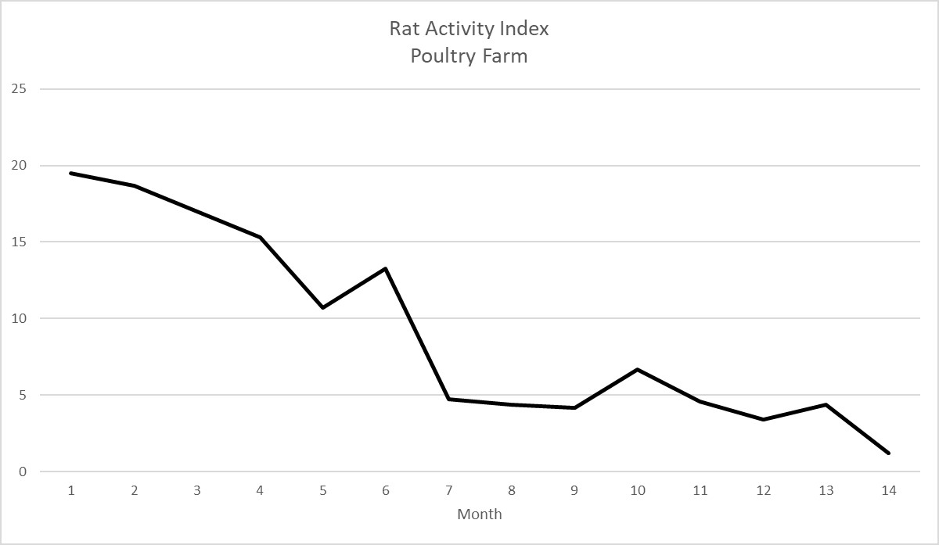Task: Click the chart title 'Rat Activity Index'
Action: (469, 29)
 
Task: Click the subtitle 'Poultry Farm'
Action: (469, 56)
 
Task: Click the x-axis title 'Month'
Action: (479, 515)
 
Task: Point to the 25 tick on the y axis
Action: (20, 89)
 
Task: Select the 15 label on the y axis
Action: (20, 242)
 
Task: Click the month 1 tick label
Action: (71, 491)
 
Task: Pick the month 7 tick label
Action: (448, 491)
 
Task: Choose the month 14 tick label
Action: (888, 491)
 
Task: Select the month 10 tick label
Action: (637, 491)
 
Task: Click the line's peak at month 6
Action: (386, 269)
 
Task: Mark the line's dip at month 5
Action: (322, 307)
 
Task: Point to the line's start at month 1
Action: (71, 173)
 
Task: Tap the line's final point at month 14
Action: (888, 453)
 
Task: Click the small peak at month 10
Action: (637, 369)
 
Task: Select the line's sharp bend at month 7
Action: (448, 399)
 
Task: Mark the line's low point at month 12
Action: (763, 420)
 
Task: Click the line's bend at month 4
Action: (260, 237)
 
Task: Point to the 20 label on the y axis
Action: (20, 166)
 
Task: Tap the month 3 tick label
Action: (196, 491)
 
